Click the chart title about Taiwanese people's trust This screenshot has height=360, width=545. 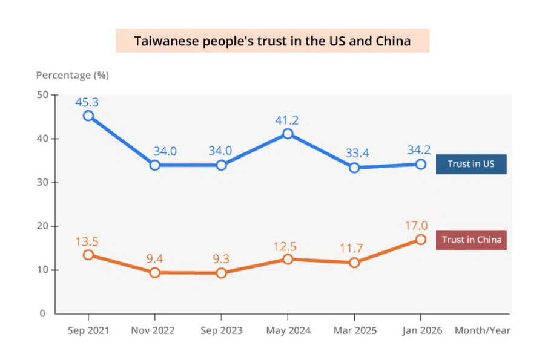[272, 41]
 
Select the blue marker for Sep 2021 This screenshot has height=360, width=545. [88, 116]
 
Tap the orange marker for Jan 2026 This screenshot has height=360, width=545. [421, 240]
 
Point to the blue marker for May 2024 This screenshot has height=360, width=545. [288, 134]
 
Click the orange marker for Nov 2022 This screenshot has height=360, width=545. [155, 273]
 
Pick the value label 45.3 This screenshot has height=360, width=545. [87, 102]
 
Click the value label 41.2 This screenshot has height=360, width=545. [287, 120]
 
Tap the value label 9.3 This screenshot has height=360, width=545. [220, 259]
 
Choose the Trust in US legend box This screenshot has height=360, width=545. [471, 164]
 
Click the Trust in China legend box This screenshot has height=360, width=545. [471, 240]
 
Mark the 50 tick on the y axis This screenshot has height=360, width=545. [43, 95]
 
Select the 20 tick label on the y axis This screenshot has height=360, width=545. [43, 226]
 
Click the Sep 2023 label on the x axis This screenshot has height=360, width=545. [222, 330]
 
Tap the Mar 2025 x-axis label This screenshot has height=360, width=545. [355, 330]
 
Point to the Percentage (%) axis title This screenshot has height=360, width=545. [72, 75]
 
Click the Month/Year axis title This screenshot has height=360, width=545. [483, 330]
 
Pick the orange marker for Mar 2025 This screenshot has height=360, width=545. [354, 263]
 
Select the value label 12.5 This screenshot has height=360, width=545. [287, 246]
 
